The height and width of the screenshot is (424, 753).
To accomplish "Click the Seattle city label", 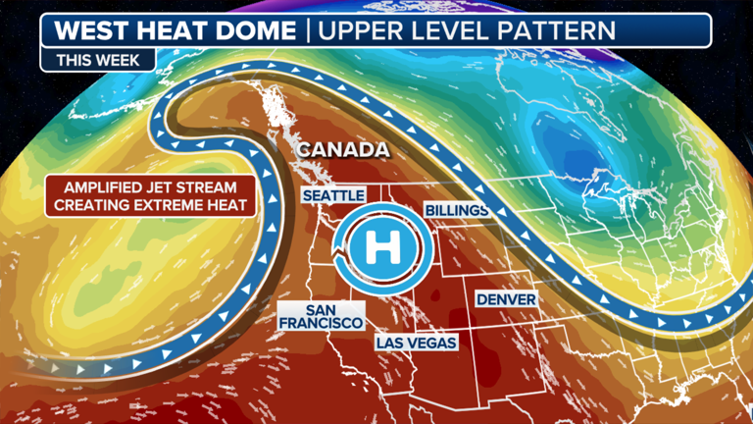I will pyautogui.click(x=333, y=196).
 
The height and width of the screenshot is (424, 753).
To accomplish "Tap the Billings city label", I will pyautogui.click(x=457, y=211).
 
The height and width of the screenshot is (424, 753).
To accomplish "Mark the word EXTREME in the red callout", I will pyautogui.click(x=166, y=205).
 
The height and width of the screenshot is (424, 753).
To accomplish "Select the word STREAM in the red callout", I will pyautogui.click(x=213, y=187).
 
